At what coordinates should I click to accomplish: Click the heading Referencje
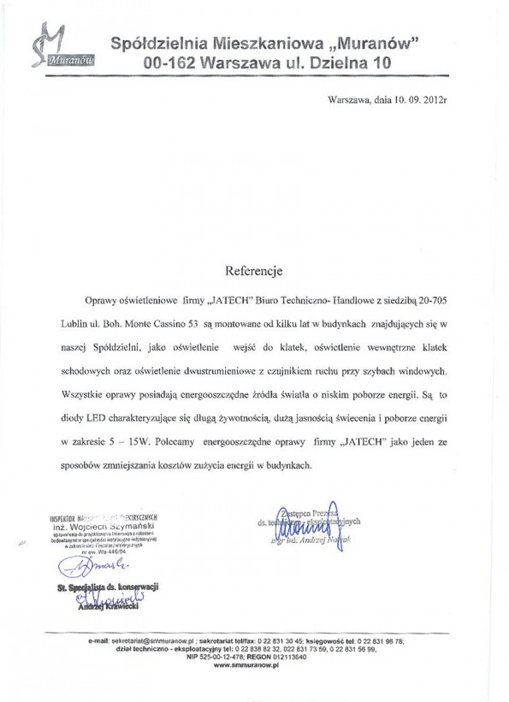pyautogui.click(x=253, y=271)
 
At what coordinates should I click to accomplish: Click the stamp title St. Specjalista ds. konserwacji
pyautogui.click(x=108, y=587)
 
